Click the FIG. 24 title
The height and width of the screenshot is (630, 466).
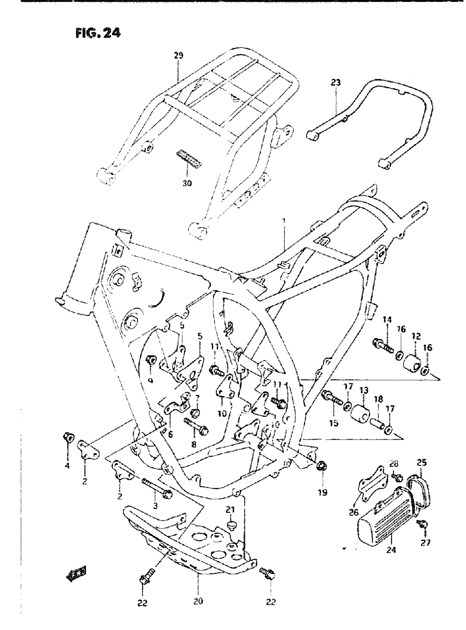point(98,33)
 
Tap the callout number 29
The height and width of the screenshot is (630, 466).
point(178,56)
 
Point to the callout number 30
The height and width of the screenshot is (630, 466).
point(187,183)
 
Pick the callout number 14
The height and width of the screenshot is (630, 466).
point(387,320)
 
